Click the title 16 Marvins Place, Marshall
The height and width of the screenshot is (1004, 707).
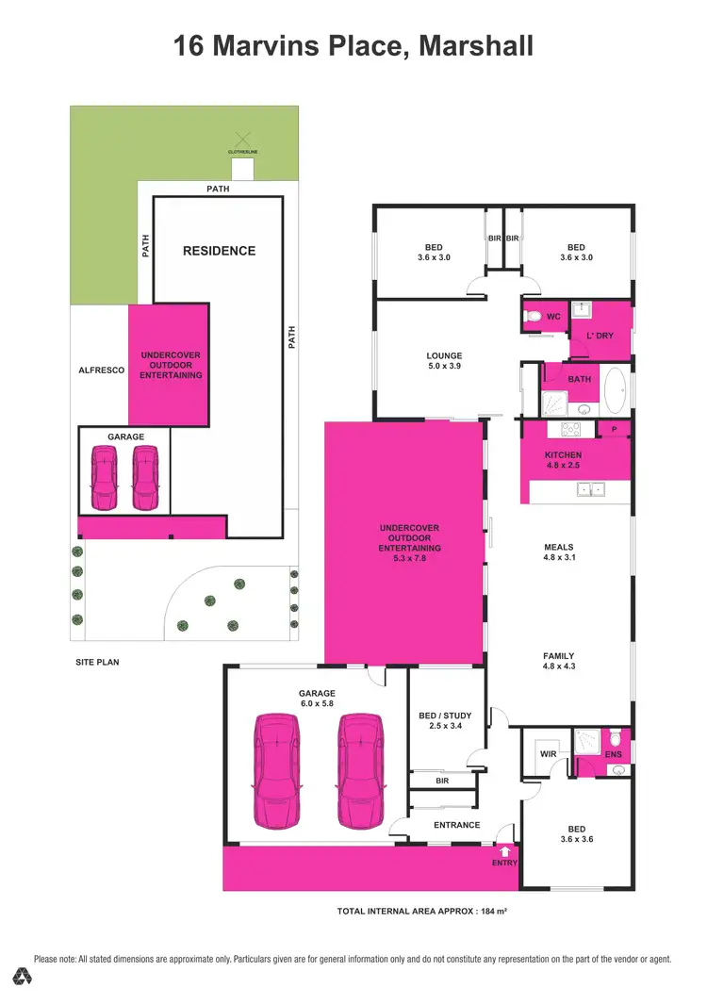353,46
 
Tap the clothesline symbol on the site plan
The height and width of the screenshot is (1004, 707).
243,140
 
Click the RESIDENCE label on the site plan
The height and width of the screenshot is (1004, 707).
219,251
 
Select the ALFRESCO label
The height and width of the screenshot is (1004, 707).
102,371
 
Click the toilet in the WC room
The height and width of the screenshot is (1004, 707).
534,316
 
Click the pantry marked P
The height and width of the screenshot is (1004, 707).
615,430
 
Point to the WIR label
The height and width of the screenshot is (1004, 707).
548,754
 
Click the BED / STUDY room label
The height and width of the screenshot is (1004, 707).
445,721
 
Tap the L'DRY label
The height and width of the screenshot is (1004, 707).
600,336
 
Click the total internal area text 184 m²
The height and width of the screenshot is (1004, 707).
422,912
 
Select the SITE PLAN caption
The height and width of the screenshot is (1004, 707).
97,662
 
